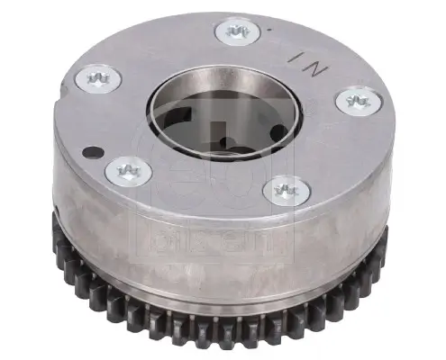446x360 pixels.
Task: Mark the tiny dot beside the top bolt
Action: [x=268, y=30]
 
